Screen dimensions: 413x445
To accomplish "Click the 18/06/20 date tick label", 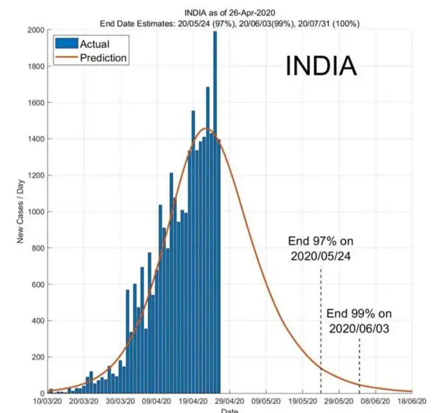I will click(412, 402).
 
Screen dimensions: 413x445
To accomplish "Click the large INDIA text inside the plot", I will click(320, 67).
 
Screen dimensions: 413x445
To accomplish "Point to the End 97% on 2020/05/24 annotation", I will click(320, 248).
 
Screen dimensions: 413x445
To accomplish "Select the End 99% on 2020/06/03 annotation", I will click(359, 321).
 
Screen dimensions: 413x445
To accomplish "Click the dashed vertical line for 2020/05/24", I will click(320, 330).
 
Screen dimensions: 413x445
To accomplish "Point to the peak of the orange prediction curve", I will click(205, 128).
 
